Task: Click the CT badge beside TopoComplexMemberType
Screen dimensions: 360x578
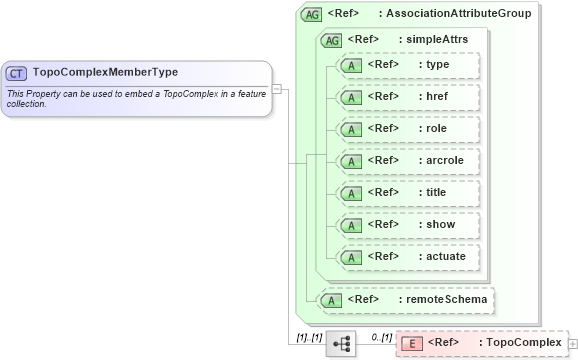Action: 17,73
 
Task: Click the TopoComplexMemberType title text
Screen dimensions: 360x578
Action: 105,73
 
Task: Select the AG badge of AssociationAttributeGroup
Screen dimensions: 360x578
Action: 311,14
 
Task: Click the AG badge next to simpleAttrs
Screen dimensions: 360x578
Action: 331,40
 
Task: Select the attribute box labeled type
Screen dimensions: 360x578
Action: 408,65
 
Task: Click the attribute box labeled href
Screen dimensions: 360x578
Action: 408,97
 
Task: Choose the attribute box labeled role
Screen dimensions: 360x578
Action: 408,129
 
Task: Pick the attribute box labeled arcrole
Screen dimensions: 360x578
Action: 408,161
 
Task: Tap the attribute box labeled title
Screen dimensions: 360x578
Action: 408,193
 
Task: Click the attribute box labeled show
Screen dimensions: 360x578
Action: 408,225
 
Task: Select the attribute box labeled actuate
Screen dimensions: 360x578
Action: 408,257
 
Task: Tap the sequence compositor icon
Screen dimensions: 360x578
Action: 341,343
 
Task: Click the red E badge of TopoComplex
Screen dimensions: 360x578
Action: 410,343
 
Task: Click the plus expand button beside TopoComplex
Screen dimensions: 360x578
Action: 571,343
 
